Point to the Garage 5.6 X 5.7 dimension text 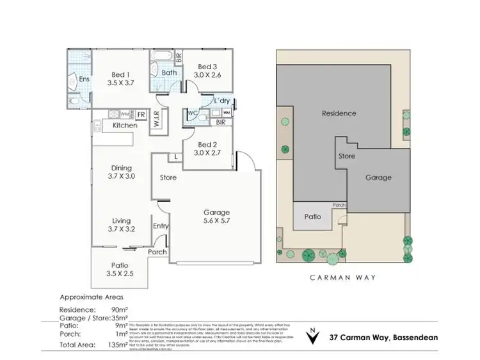click(x=217, y=222)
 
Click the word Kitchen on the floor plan click(x=125, y=126)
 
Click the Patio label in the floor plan click(x=120, y=265)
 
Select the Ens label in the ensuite click(x=84, y=79)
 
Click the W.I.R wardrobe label click(x=156, y=120)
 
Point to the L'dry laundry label click(x=222, y=101)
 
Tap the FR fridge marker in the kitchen click(x=141, y=115)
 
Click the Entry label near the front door click(x=161, y=226)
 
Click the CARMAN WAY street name click(x=343, y=278)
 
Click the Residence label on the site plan click(x=339, y=113)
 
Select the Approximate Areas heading click(x=91, y=297)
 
